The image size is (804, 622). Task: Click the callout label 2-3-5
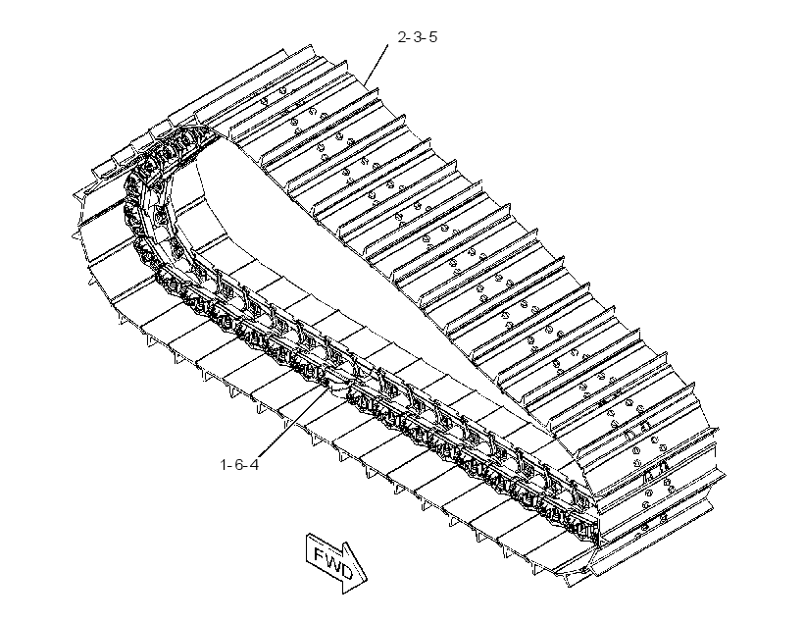pyautogui.click(x=418, y=37)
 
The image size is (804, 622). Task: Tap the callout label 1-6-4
pyautogui.click(x=239, y=464)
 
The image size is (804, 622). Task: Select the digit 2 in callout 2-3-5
pyautogui.click(x=402, y=37)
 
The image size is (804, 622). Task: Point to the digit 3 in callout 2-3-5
pyautogui.click(x=418, y=37)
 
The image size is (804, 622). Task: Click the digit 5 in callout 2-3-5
pyautogui.click(x=432, y=37)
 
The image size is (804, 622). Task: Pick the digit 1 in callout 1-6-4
pyautogui.click(x=224, y=464)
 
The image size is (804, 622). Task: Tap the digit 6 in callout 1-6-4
pyautogui.click(x=239, y=464)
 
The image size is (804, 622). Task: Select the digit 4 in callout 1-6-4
pyautogui.click(x=254, y=464)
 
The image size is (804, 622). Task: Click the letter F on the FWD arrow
pyautogui.click(x=320, y=553)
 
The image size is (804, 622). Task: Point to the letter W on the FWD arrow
pyautogui.click(x=332, y=561)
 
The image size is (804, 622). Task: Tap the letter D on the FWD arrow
pyautogui.click(x=346, y=571)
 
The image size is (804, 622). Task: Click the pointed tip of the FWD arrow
pyautogui.click(x=367, y=580)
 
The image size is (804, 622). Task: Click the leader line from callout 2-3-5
pyautogui.click(x=377, y=65)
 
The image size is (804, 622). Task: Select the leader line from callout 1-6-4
pyautogui.click(x=294, y=420)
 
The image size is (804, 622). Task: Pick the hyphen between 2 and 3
pyautogui.click(x=410, y=38)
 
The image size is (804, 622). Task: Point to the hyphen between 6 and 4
pyautogui.click(x=247, y=465)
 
